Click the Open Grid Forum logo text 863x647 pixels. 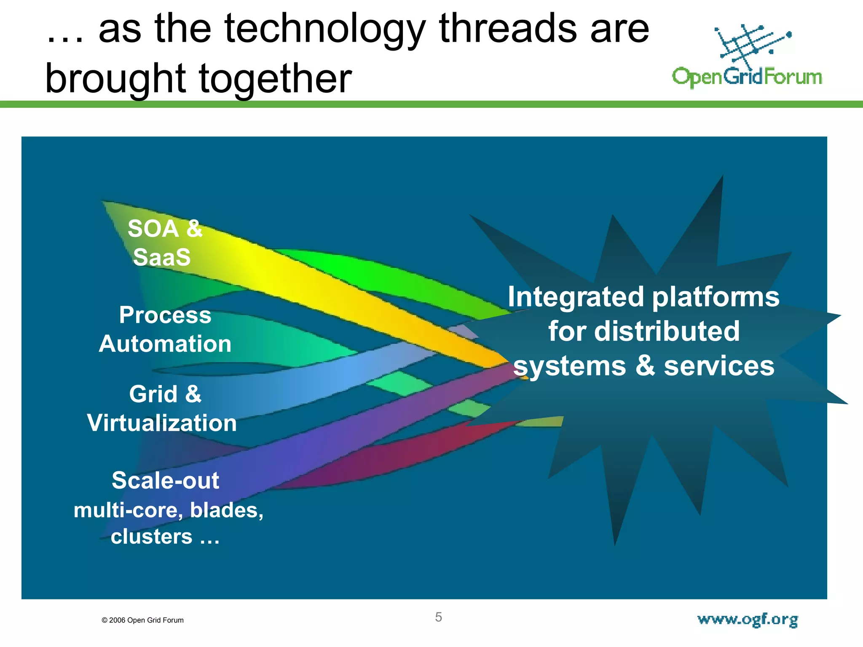[x=747, y=78]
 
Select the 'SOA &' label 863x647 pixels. [x=165, y=229]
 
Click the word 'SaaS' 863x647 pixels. [x=162, y=257]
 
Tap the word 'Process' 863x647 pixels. [x=165, y=315]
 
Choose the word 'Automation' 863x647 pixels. [x=165, y=344]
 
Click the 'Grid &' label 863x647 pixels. [x=165, y=394]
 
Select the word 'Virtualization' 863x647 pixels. [x=162, y=423]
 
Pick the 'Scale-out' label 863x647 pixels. [x=165, y=480]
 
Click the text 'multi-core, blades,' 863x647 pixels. [x=169, y=510]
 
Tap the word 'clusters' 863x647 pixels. [x=151, y=537]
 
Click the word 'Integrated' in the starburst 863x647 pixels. [x=576, y=297]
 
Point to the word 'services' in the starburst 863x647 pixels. [x=719, y=366]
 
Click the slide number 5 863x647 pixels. [x=438, y=617]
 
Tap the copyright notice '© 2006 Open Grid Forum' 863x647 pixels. [x=142, y=620]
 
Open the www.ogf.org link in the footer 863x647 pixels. [x=748, y=620]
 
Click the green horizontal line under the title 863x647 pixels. [x=431, y=104]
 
